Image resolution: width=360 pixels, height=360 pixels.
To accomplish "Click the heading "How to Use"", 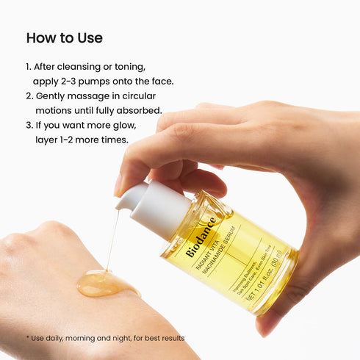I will (65, 37).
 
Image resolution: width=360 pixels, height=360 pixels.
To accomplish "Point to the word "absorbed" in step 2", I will (140, 111).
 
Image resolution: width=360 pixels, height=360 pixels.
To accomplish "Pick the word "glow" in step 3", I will (122, 125).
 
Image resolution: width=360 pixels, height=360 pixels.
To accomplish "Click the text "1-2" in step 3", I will (73, 140).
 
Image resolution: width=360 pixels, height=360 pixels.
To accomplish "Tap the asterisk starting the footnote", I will (27, 338).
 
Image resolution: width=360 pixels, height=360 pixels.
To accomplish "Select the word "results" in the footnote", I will (170, 338).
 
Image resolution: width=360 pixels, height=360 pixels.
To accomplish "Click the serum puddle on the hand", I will (107, 284).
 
